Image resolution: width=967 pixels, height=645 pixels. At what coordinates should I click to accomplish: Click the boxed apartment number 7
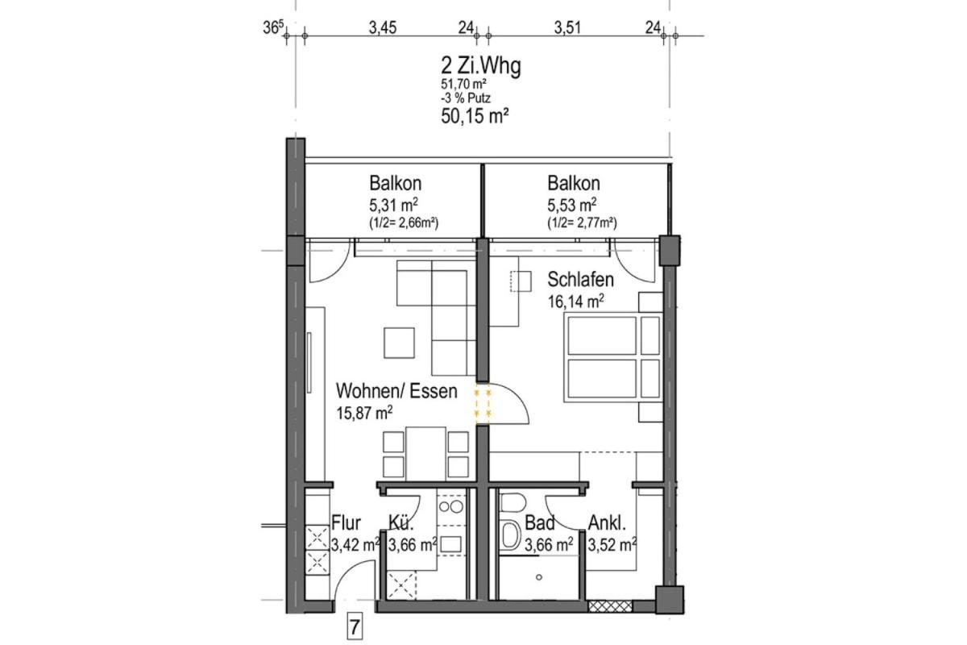[355, 628]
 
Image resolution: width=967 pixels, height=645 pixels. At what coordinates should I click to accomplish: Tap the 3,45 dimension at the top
[383, 28]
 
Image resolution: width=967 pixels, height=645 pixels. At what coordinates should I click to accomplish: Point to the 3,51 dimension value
[567, 28]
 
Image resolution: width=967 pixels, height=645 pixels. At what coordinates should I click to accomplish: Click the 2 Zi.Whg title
[480, 66]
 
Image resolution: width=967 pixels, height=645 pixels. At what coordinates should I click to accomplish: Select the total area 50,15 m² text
[475, 116]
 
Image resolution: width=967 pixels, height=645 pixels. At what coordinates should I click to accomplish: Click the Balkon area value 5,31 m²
[393, 205]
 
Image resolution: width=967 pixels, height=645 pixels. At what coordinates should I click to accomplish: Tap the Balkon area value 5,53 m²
[572, 205]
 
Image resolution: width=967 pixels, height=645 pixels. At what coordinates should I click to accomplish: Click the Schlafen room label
[581, 280]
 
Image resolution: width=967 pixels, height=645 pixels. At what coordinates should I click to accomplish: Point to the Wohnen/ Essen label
[396, 391]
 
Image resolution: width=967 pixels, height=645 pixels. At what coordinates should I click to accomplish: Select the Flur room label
[346, 522]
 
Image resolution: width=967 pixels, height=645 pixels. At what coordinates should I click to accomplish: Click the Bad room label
[540, 522]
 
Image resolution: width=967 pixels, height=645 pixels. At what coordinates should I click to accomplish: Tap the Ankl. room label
[607, 522]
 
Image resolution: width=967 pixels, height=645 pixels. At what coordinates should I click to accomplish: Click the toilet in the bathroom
[513, 503]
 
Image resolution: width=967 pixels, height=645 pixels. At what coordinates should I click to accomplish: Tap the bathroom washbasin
[510, 535]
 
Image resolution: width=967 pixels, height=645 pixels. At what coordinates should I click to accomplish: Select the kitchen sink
[450, 544]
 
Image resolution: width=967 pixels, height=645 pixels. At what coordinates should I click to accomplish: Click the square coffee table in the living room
[400, 343]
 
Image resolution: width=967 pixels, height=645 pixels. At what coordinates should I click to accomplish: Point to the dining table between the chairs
[425, 454]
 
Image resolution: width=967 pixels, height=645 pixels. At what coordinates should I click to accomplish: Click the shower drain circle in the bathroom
[539, 577]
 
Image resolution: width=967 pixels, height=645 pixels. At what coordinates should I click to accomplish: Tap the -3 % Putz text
[466, 98]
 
